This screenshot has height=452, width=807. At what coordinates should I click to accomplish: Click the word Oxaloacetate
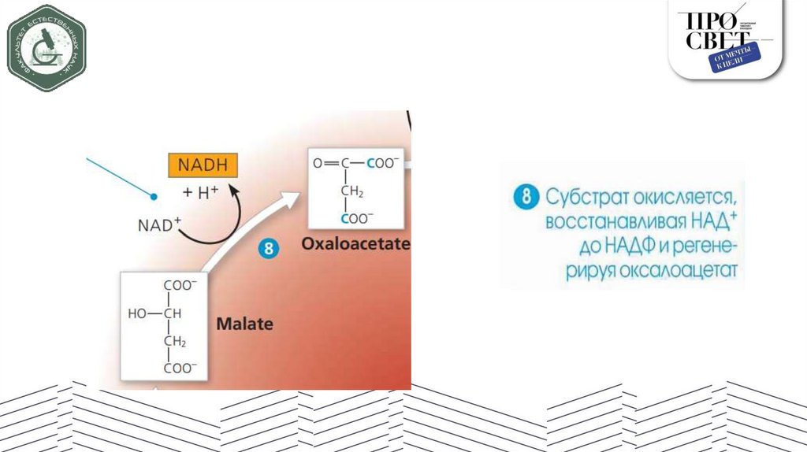pyautogui.click(x=355, y=245)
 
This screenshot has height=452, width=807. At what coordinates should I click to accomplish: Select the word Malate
pyautogui.click(x=244, y=323)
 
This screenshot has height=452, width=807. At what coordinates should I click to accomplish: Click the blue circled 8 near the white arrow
pyautogui.click(x=269, y=250)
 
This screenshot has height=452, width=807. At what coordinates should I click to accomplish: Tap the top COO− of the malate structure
pyautogui.click(x=180, y=285)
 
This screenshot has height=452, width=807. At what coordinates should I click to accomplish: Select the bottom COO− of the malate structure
pyautogui.click(x=180, y=367)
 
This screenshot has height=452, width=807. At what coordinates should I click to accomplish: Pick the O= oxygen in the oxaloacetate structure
pyautogui.click(x=318, y=164)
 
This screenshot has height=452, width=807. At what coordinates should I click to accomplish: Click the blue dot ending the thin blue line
pyautogui.click(x=155, y=195)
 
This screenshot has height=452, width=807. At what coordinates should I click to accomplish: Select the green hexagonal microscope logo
pyautogui.click(x=46, y=48)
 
